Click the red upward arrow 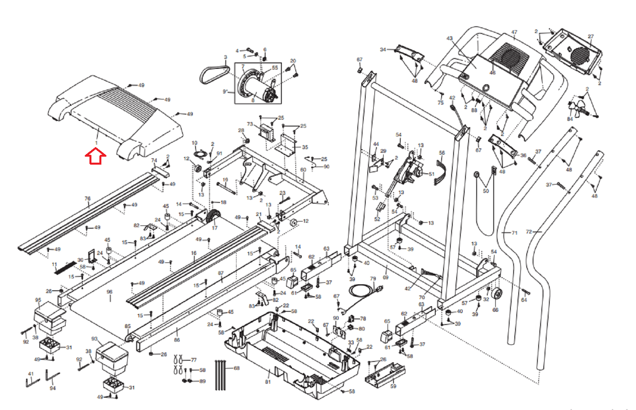coord(95,156)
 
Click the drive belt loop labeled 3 coord(215,74)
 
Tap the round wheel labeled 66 coord(496,295)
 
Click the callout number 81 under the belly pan coord(268,382)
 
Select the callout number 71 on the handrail coord(514,233)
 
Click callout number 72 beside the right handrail coord(529,232)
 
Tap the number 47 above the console coord(514,32)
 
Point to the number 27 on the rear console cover coord(591,37)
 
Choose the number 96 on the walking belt coord(110,292)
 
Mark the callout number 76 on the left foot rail coord(87,198)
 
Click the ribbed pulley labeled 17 coord(214,218)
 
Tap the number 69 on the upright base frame coord(386,277)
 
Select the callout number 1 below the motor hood coord(96,143)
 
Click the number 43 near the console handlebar coord(450,39)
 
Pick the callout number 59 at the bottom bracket coord(393,386)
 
